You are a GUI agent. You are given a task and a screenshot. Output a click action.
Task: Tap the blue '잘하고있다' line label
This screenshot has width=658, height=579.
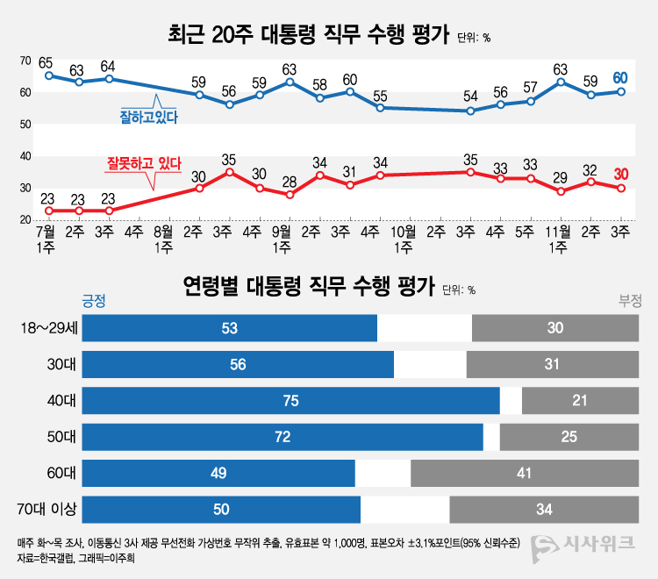(x=148, y=115)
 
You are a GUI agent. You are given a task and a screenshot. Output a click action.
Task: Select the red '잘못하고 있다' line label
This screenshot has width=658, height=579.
(x=143, y=162)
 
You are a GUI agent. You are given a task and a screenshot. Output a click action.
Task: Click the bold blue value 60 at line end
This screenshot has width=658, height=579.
(x=621, y=77)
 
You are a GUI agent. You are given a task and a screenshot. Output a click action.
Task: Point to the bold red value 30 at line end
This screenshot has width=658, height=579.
(x=621, y=173)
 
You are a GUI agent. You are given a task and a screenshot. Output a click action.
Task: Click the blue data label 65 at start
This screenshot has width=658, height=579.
(x=46, y=61)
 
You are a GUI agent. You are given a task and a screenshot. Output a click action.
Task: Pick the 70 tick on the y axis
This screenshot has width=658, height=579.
(x=26, y=61)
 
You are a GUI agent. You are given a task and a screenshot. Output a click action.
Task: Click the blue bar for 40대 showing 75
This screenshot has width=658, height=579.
(x=290, y=401)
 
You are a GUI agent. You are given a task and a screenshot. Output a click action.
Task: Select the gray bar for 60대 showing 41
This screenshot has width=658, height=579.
(x=525, y=473)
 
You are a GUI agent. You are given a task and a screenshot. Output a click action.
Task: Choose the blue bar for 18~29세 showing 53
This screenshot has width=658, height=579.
(x=229, y=328)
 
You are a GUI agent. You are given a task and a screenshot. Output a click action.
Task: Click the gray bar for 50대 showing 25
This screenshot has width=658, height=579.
(x=569, y=437)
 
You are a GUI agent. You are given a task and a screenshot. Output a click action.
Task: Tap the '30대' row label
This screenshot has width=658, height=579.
(x=62, y=364)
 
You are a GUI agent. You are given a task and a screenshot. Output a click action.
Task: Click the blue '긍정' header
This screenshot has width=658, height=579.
(x=93, y=301)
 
